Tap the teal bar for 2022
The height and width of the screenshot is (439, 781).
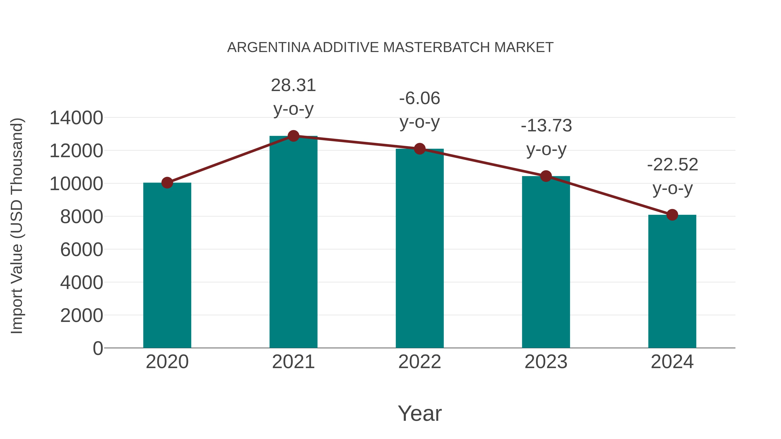tap(420, 248)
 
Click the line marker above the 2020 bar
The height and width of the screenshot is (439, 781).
tap(167, 183)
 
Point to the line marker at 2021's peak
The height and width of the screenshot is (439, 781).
tap(293, 136)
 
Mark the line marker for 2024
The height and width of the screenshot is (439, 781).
tap(672, 215)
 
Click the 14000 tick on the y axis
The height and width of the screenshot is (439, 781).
tap(76, 118)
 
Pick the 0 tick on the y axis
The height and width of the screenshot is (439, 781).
tap(98, 348)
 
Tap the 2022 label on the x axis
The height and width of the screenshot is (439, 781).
tap(420, 362)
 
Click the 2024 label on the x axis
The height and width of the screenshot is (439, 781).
tap(672, 362)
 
